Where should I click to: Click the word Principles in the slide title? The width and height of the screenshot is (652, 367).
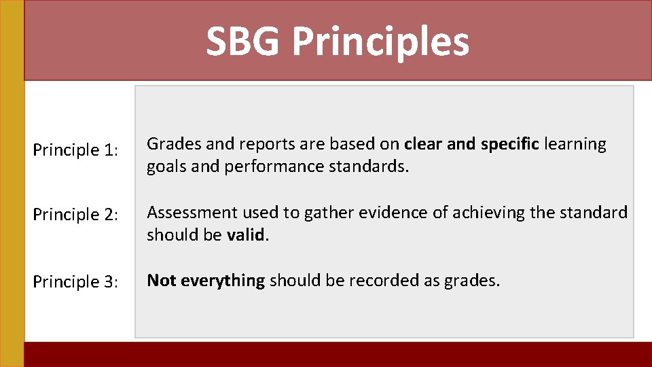point(380,42)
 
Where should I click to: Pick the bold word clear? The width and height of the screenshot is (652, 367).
point(421,144)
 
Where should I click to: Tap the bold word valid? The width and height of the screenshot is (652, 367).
point(245,235)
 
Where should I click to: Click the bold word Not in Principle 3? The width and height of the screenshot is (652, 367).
point(160,280)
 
